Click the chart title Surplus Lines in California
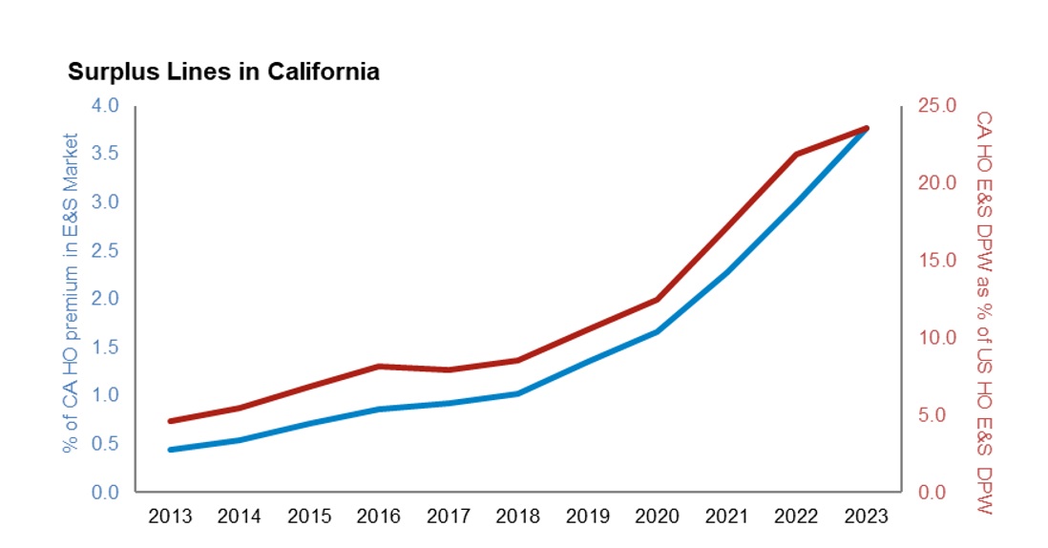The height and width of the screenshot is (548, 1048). point(223,73)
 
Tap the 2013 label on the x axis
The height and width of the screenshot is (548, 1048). point(170,516)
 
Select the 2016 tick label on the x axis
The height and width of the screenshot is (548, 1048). point(379,516)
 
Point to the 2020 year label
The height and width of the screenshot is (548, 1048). point(657,516)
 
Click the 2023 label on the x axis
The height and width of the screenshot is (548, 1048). point(866,516)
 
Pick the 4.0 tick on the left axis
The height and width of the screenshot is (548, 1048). point(105,105)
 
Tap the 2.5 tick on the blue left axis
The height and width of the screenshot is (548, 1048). point(105,250)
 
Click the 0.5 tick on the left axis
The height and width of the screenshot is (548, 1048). point(105,444)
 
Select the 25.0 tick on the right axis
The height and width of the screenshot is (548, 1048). point(936,105)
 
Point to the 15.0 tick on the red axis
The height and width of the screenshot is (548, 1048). point(936,260)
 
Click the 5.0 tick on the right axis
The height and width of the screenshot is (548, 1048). point(936,415)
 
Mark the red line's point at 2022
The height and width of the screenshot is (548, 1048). point(796,154)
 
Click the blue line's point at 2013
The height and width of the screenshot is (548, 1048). point(170,450)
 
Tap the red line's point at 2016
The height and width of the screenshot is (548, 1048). point(379,366)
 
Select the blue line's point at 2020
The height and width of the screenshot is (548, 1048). point(657,331)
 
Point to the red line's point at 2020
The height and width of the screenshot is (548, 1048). point(657,300)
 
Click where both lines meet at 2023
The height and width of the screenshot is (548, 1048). point(866,128)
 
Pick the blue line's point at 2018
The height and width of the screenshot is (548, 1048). point(517,393)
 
